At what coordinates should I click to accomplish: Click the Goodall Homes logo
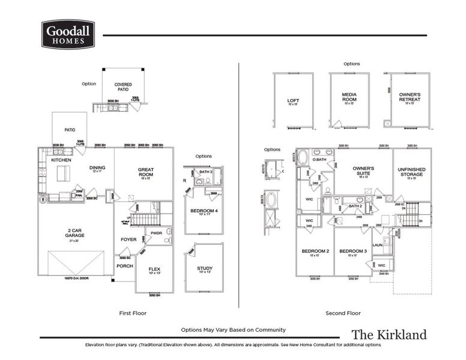coord(68,34)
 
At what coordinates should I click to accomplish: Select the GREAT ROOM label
coord(146,172)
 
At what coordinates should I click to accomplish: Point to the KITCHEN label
coord(61,160)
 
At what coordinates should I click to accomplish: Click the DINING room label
coord(97,168)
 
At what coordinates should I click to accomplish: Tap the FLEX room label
coord(154,269)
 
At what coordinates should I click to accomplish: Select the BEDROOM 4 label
coord(204,211)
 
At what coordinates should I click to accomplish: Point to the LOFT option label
coord(294,101)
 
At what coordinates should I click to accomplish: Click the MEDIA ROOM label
coord(349,97)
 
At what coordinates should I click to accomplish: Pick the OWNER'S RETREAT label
coord(410,97)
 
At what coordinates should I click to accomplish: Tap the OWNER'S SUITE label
coord(363,171)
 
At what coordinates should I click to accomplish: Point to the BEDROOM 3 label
coord(353,251)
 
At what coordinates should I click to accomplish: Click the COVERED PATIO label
coord(123,87)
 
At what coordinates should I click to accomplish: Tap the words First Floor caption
coord(133,313)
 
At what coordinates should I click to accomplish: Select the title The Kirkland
coord(389,334)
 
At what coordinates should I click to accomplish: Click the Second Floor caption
coord(343,313)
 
